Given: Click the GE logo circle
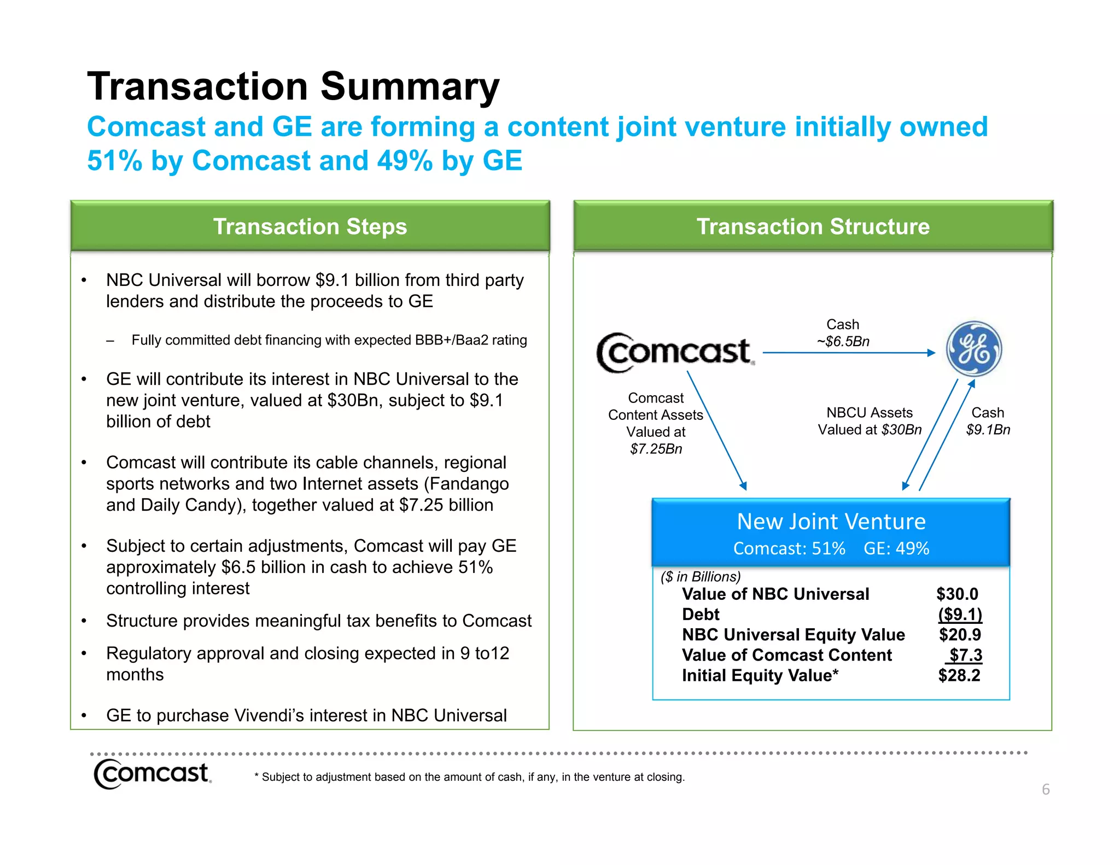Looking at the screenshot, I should coord(973,349).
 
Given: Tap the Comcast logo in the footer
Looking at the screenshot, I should coord(152,773).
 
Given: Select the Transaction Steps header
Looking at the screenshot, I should coord(310,226).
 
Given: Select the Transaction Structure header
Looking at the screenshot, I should coord(813,226).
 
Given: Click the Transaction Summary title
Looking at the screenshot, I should coord(293,86).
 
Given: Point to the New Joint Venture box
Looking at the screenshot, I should coord(831,532).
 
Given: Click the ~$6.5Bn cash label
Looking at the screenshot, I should coord(843,342).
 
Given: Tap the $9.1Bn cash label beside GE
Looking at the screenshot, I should coord(988,430).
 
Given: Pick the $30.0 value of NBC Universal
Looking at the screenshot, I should coord(957,594).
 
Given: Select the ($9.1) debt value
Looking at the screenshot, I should coord(960,614).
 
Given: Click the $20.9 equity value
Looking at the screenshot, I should coord(960,634).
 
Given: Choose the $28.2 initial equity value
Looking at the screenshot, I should coord(959,675).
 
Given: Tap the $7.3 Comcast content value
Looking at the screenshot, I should coord(965,655).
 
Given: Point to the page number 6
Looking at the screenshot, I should coord(1046,789).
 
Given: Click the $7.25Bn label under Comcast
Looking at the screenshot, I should coord(656,449).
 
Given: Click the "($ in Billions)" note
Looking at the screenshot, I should coord(701,577).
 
